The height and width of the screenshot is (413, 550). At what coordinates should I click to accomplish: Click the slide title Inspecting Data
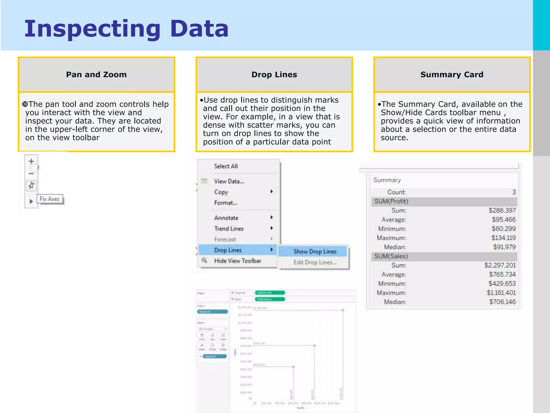click(x=126, y=29)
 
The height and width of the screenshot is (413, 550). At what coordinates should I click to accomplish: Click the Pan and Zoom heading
click(x=96, y=74)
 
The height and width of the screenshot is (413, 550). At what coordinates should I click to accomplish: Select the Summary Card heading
click(x=452, y=74)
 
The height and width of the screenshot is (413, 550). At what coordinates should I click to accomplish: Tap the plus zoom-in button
click(x=31, y=161)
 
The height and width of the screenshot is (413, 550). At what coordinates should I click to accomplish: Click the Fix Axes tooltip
click(x=50, y=199)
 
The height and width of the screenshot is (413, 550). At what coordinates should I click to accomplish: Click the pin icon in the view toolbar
click(x=31, y=185)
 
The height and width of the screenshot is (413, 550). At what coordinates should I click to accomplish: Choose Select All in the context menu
click(x=226, y=166)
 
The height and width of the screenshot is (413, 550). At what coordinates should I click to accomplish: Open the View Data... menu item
click(x=229, y=181)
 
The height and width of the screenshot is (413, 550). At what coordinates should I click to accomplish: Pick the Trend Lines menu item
click(x=229, y=229)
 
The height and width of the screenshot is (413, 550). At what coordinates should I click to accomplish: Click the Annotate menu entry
click(x=226, y=218)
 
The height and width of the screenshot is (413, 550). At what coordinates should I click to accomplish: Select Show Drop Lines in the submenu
click(x=315, y=252)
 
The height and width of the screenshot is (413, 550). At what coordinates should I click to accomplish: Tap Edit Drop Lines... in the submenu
click(x=315, y=262)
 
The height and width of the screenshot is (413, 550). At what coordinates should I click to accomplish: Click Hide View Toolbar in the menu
click(x=237, y=261)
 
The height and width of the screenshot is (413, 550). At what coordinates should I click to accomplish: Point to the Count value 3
click(x=514, y=192)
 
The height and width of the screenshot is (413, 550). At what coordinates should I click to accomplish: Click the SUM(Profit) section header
click(x=391, y=201)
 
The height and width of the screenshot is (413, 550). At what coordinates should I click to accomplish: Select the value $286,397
click(x=502, y=211)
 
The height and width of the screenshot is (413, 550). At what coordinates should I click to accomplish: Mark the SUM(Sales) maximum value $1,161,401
click(x=501, y=293)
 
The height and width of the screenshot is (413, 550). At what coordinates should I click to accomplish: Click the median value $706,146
click(x=502, y=302)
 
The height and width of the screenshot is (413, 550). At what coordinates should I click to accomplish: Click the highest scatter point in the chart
click(x=343, y=310)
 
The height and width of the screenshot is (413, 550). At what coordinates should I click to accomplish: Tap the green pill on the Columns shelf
click(x=270, y=293)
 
